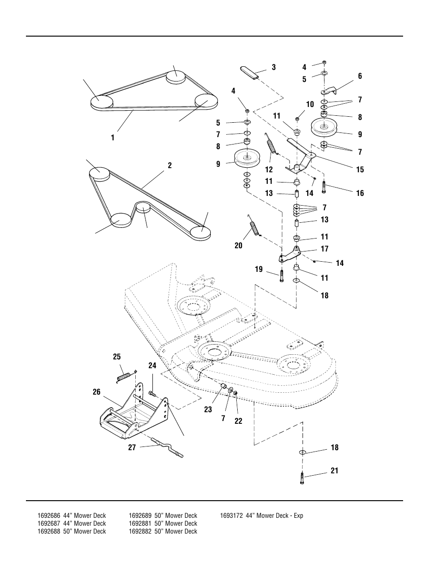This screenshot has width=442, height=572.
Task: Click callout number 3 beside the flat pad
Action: (x=274, y=67)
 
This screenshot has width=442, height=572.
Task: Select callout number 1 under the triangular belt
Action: (x=113, y=138)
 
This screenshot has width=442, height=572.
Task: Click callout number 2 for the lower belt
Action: (x=170, y=165)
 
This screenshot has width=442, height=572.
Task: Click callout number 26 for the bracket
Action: (x=96, y=392)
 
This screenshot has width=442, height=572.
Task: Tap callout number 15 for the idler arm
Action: (x=360, y=170)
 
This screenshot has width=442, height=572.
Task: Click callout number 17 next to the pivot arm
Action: (x=324, y=249)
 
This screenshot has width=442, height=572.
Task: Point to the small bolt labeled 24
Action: (x=152, y=393)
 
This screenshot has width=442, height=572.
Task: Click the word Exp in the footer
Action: (x=298, y=515)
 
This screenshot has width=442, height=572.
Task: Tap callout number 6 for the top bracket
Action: (x=360, y=76)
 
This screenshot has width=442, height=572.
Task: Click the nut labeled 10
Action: (x=297, y=119)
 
